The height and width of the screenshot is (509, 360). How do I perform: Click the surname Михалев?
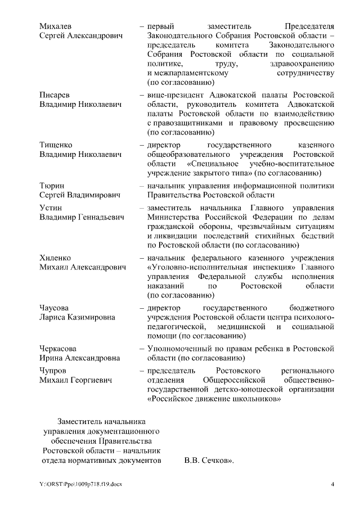click(x=56, y=26)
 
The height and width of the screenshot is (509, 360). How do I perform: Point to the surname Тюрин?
click(x=52, y=186)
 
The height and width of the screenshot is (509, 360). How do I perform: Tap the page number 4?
click(x=332, y=485)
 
